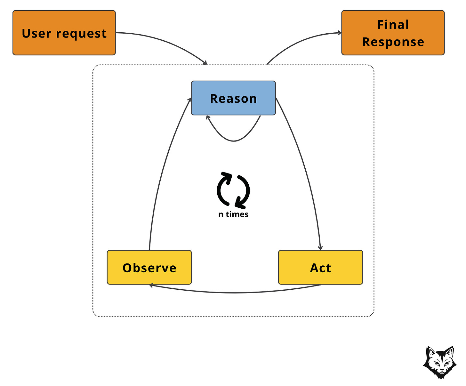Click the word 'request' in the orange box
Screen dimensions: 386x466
click(81, 34)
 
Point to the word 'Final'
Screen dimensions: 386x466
click(393, 25)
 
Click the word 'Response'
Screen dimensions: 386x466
click(393, 42)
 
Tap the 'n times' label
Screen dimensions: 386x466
click(233, 214)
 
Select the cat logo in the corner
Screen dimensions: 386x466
click(440, 362)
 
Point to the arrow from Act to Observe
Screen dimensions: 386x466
click(235, 293)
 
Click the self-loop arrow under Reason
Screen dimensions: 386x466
click(234, 141)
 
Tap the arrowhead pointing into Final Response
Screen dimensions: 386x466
click(339, 33)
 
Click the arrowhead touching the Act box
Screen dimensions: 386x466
click(320, 248)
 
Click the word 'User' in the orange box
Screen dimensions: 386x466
click(36, 34)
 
